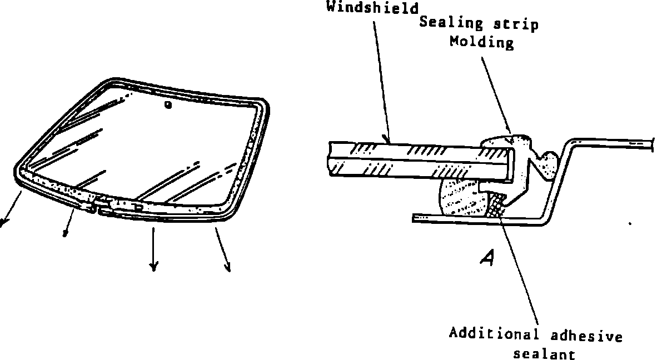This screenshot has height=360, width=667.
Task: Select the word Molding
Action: pos(482,42)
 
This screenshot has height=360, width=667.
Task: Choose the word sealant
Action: pos(544,354)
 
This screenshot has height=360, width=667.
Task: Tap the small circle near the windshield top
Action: pos(167,104)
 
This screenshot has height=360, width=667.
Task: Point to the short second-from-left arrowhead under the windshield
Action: pos(65,233)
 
